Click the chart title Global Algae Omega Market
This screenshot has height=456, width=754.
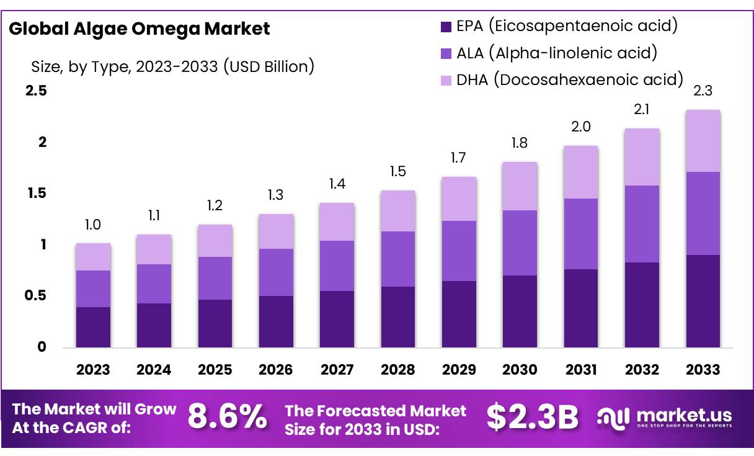[139, 29]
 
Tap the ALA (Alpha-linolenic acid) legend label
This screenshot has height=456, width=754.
[556, 53]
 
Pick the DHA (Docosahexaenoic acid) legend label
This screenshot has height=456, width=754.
[569, 80]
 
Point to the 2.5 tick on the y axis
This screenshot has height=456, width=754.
[36, 91]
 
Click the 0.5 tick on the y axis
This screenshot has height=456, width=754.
[36, 296]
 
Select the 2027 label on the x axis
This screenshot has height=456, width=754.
[337, 370]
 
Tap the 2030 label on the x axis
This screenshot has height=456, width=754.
[520, 370]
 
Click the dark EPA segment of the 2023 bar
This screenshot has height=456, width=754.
[93, 327]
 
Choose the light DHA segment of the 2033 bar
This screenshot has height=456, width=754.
[703, 141]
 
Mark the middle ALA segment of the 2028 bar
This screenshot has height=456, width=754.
[397, 259]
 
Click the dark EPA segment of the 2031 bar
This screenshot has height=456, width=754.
[580, 308]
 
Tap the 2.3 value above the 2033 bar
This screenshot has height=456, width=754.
[703, 91]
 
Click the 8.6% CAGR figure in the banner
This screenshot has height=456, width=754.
[228, 417]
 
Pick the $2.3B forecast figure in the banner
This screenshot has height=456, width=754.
[532, 417]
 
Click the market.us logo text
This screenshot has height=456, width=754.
[684, 415]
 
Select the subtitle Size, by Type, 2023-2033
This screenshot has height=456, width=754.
[172, 66]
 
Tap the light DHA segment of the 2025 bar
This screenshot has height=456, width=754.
[215, 241]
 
